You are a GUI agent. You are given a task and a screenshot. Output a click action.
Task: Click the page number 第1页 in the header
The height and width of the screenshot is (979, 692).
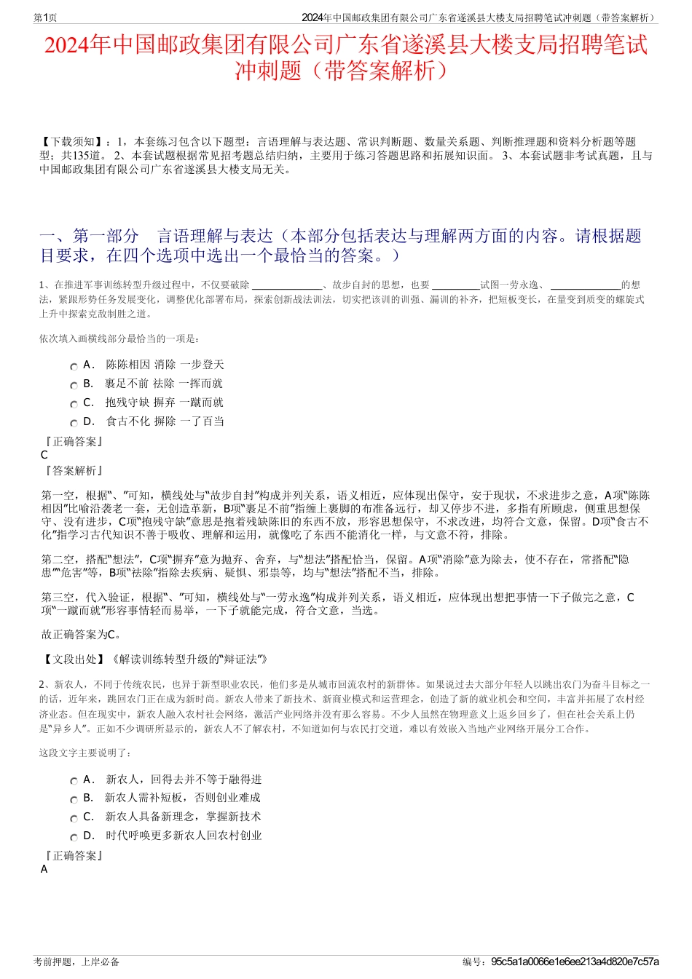click(x=46, y=17)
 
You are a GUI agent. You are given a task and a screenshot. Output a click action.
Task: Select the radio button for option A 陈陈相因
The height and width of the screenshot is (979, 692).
click(x=74, y=365)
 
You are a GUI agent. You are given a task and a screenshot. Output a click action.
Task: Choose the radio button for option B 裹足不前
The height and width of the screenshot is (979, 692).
click(x=74, y=384)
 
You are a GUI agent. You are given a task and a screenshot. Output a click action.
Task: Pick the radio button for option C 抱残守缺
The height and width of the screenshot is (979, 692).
click(x=74, y=403)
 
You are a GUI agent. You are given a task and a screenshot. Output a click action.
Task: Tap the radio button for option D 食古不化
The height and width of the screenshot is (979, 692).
click(x=74, y=422)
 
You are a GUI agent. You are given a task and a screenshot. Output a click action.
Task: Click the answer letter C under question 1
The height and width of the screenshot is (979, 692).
click(x=44, y=455)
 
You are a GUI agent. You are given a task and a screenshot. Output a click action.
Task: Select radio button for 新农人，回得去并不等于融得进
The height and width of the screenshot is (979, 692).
click(x=74, y=780)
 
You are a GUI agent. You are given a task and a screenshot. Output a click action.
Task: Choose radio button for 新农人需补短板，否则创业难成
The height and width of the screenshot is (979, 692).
click(x=74, y=798)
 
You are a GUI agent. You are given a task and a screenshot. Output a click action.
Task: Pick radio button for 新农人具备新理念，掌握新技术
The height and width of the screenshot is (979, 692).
click(x=74, y=817)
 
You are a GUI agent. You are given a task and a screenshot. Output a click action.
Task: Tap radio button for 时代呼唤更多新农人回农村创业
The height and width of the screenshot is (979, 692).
click(x=74, y=836)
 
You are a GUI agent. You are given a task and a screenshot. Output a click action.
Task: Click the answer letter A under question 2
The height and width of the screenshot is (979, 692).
click(x=44, y=869)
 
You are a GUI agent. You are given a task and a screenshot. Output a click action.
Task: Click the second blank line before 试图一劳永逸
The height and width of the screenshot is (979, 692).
click(x=455, y=286)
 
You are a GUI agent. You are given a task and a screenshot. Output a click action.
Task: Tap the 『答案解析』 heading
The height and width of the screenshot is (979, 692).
click(x=73, y=471)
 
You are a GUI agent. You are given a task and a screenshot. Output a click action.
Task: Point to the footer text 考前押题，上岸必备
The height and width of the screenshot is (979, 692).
click(x=76, y=962)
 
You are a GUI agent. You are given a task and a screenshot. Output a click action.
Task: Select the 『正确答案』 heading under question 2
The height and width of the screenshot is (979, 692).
click(x=73, y=855)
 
